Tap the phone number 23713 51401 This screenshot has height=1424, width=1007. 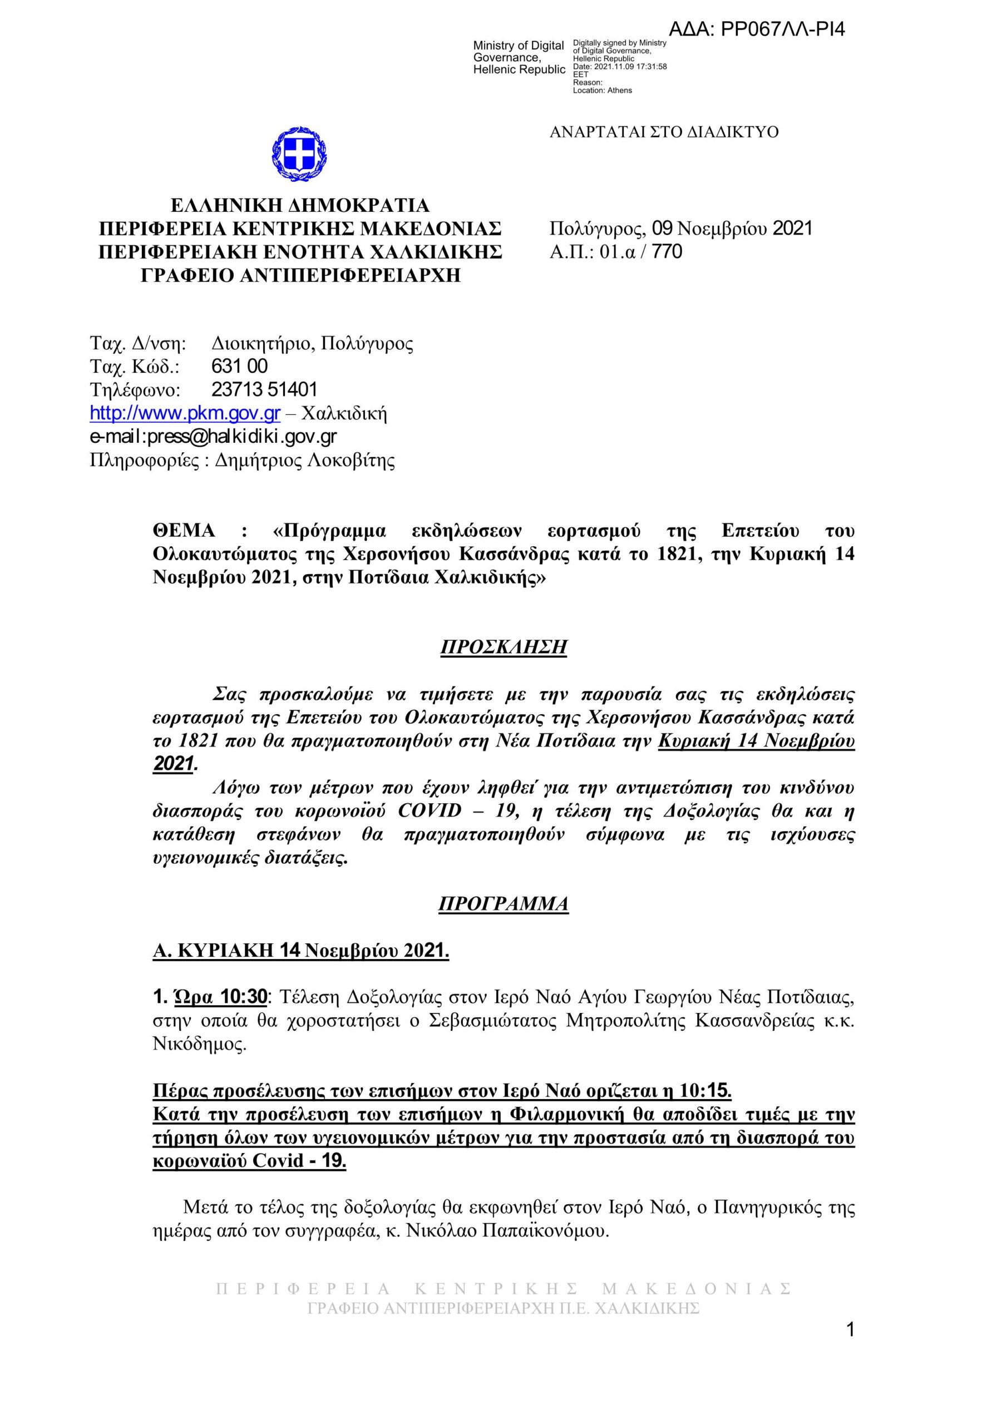click(264, 389)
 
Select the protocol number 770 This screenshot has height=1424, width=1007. click(668, 252)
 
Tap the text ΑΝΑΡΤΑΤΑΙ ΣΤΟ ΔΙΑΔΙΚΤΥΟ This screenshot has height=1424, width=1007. click(664, 132)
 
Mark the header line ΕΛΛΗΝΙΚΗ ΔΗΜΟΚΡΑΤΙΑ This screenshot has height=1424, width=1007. click(300, 205)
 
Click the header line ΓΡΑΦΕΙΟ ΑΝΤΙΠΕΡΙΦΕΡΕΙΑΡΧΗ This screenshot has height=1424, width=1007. click(301, 275)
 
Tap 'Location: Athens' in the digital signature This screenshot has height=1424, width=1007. click(602, 91)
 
